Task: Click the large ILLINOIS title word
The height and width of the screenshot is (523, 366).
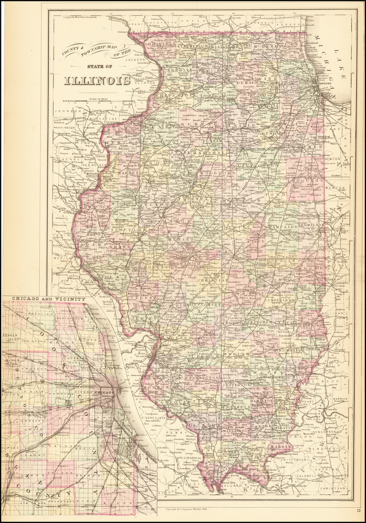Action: (x=97, y=81)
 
